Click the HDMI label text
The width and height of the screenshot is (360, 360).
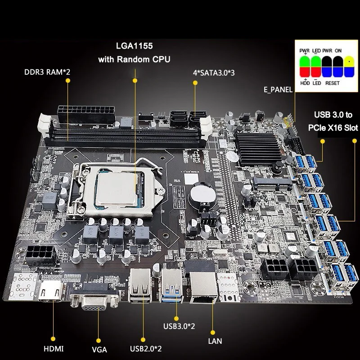tap(54, 348)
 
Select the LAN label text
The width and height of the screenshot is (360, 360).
tap(215, 341)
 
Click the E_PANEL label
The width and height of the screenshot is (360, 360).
tap(278, 90)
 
